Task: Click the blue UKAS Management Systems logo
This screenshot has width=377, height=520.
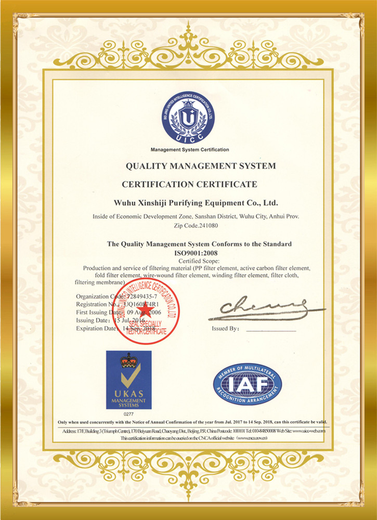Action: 128,380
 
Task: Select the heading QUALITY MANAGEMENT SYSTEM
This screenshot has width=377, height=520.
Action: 200,166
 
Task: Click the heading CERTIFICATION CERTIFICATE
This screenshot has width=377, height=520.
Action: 189,184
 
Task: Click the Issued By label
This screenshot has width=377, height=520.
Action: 225,329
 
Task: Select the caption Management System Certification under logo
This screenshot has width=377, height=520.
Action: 189,150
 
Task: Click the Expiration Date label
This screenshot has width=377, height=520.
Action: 96,328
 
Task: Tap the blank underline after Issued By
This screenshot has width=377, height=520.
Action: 271,330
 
